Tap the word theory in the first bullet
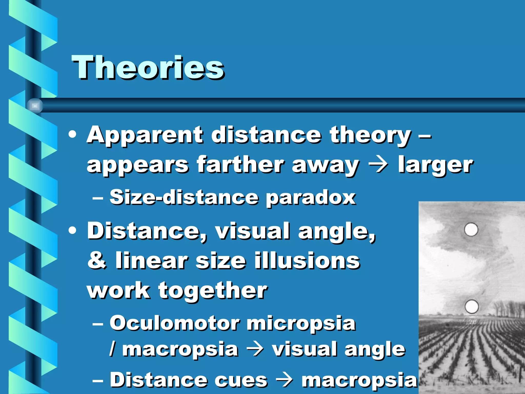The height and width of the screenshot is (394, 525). (x=370, y=135)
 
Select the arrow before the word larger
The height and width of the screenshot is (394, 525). (x=378, y=165)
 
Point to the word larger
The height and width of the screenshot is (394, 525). (x=435, y=165)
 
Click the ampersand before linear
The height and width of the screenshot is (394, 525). (x=97, y=260)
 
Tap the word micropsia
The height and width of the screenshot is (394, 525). (x=301, y=323)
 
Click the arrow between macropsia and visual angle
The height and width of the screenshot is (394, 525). (x=255, y=349)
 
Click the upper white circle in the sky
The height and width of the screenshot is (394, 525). (x=471, y=229)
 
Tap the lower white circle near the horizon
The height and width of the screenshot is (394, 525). (x=471, y=306)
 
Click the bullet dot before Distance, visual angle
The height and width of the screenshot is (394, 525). (x=73, y=230)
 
